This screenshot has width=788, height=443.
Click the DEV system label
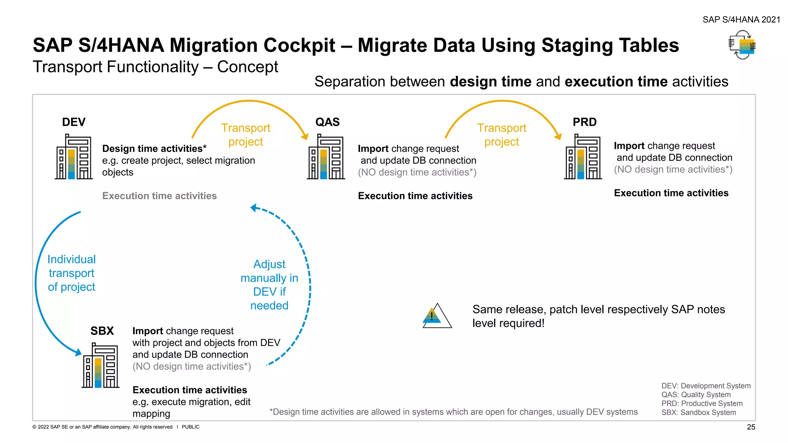(73, 122)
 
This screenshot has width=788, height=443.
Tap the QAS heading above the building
(327, 122)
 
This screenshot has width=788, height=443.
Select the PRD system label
(584, 122)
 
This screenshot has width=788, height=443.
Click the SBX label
(102, 331)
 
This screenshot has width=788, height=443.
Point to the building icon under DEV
(74, 157)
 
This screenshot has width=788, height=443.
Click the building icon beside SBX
(100, 366)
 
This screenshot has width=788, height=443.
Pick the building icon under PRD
(583, 157)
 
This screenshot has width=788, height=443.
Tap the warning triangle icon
(437, 316)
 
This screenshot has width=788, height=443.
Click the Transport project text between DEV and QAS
(246, 135)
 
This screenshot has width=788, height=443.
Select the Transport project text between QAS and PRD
(502, 135)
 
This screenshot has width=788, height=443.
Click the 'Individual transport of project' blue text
(72, 273)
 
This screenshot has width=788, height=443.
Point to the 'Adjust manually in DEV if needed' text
(269, 285)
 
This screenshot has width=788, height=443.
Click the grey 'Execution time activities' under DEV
(159, 196)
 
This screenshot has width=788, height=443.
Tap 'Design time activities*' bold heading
(154, 148)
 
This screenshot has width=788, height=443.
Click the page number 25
(751, 427)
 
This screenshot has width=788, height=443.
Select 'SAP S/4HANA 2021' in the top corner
(741, 20)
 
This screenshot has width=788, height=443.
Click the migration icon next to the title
(742, 45)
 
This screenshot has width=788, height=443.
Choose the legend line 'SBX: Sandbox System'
(698, 413)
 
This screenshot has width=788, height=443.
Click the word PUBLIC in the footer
(190, 427)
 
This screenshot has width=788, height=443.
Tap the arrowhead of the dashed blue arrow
(253, 208)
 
